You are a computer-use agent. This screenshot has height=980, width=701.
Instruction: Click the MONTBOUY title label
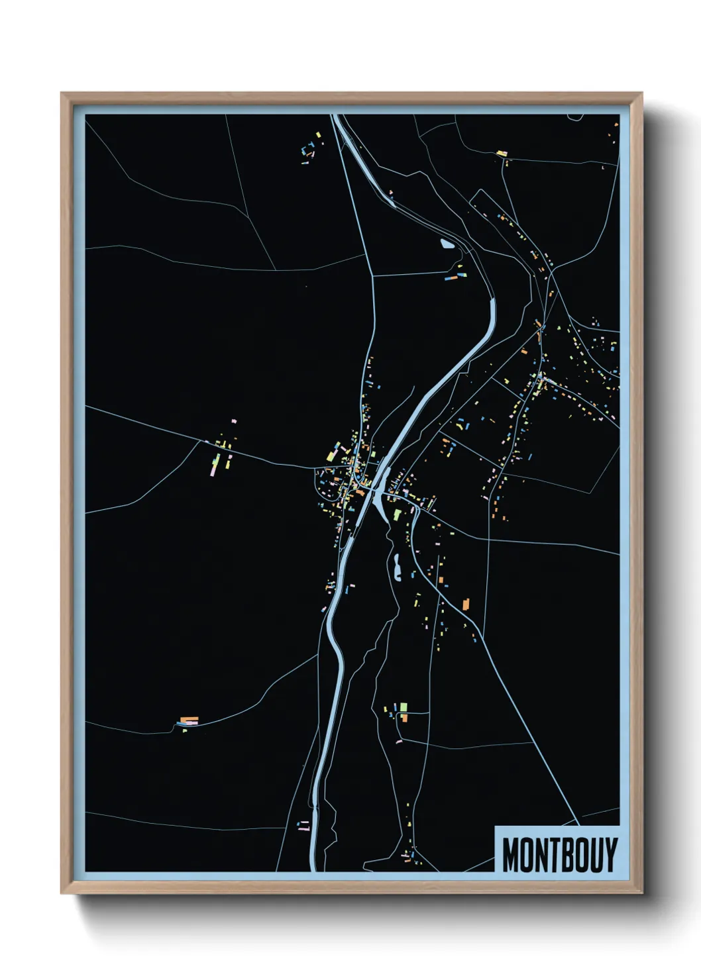click(559, 854)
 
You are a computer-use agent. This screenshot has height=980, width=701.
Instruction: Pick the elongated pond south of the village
click(398, 568)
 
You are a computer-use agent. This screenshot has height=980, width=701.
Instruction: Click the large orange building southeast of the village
click(465, 603)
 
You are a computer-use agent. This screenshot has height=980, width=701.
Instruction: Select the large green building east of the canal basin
click(397, 514)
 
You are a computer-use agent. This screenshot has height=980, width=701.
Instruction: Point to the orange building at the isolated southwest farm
click(189, 719)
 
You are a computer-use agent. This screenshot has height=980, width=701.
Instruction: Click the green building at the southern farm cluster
click(403, 707)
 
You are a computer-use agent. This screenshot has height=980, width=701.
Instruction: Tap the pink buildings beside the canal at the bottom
click(305, 826)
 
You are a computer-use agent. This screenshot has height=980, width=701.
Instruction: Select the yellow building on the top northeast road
click(502, 154)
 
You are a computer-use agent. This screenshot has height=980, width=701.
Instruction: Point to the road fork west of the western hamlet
click(199, 442)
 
